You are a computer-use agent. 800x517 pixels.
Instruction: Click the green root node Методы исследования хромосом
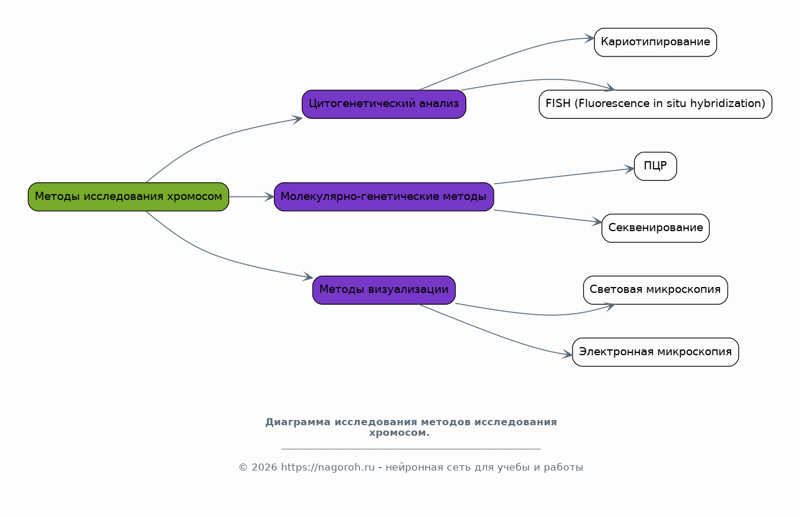pyautogui.click(x=129, y=197)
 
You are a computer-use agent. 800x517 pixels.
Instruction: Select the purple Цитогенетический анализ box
pyautogui.click(x=384, y=104)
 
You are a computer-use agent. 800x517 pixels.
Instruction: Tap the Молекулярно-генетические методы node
pyautogui.click(x=384, y=197)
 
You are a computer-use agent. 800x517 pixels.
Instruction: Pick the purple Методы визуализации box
pyautogui.click(x=384, y=290)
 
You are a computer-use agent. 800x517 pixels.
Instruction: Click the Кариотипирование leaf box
pyautogui.click(x=655, y=42)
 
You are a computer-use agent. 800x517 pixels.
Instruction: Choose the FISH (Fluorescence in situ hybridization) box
pyautogui.click(x=655, y=104)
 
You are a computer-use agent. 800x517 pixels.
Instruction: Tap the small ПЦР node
pyautogui.click(x=655, y=166)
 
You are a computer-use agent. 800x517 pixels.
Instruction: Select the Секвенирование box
pyautogui.click(x=655, y=228)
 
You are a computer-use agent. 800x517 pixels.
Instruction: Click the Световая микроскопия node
pyautogui.click(x=655, y=290)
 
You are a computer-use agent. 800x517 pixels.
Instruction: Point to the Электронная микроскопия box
pyautogui.click(x=655, y=352)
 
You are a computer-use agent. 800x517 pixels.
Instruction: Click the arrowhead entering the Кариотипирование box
pyautogui.click(x=590, y=39)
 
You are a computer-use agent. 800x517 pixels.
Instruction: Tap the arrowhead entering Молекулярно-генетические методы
pyautogui.click(x=269, y=197)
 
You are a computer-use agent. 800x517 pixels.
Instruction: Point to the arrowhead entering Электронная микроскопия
pyautogui.click(x=567, y=355)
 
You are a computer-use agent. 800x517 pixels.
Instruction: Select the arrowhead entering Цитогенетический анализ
pyautogui.click(x=297, y=119)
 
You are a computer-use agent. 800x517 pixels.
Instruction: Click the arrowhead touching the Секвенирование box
pyautogui.click(x=597, y=222)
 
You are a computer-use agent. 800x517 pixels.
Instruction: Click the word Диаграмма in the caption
pyautogui.click(x=298, y=422)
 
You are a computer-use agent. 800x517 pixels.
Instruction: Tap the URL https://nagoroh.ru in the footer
pyautogui.click(x=328, y=468)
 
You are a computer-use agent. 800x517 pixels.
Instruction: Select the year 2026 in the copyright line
pyautogui.click(x=265, y=468)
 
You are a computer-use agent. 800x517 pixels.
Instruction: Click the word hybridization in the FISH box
pyautogui.click(x=728, y=104)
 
